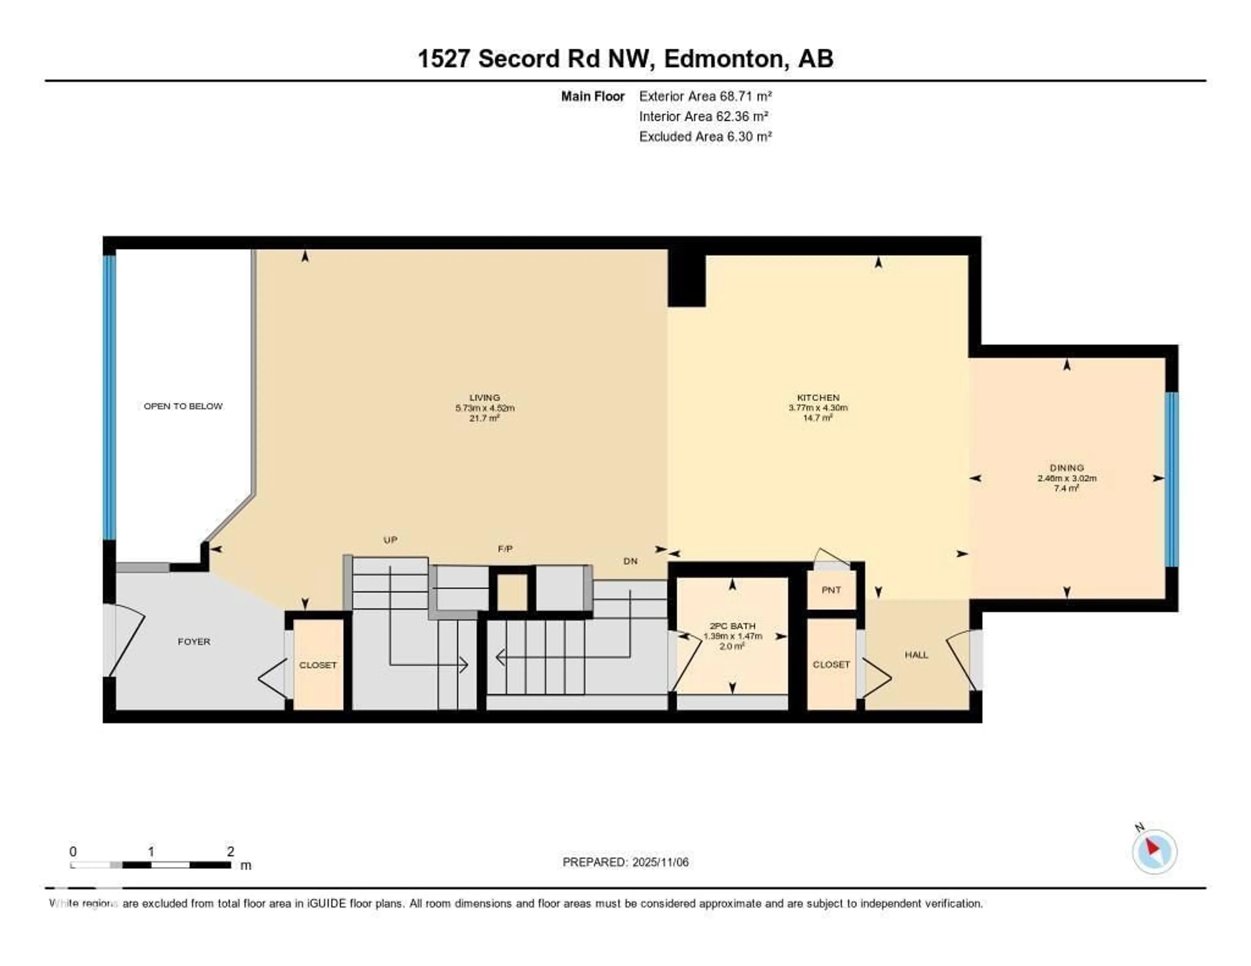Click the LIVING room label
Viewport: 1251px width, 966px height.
484,397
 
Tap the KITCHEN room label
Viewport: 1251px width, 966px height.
818,397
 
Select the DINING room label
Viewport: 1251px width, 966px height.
1067,468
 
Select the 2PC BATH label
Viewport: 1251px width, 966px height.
732,626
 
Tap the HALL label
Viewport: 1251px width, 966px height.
916,655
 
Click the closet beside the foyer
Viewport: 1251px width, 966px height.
318,665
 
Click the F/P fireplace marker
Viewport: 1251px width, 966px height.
505,548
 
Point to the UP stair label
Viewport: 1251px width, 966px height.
390,539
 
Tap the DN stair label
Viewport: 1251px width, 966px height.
630,561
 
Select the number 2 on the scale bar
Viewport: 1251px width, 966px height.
230,851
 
